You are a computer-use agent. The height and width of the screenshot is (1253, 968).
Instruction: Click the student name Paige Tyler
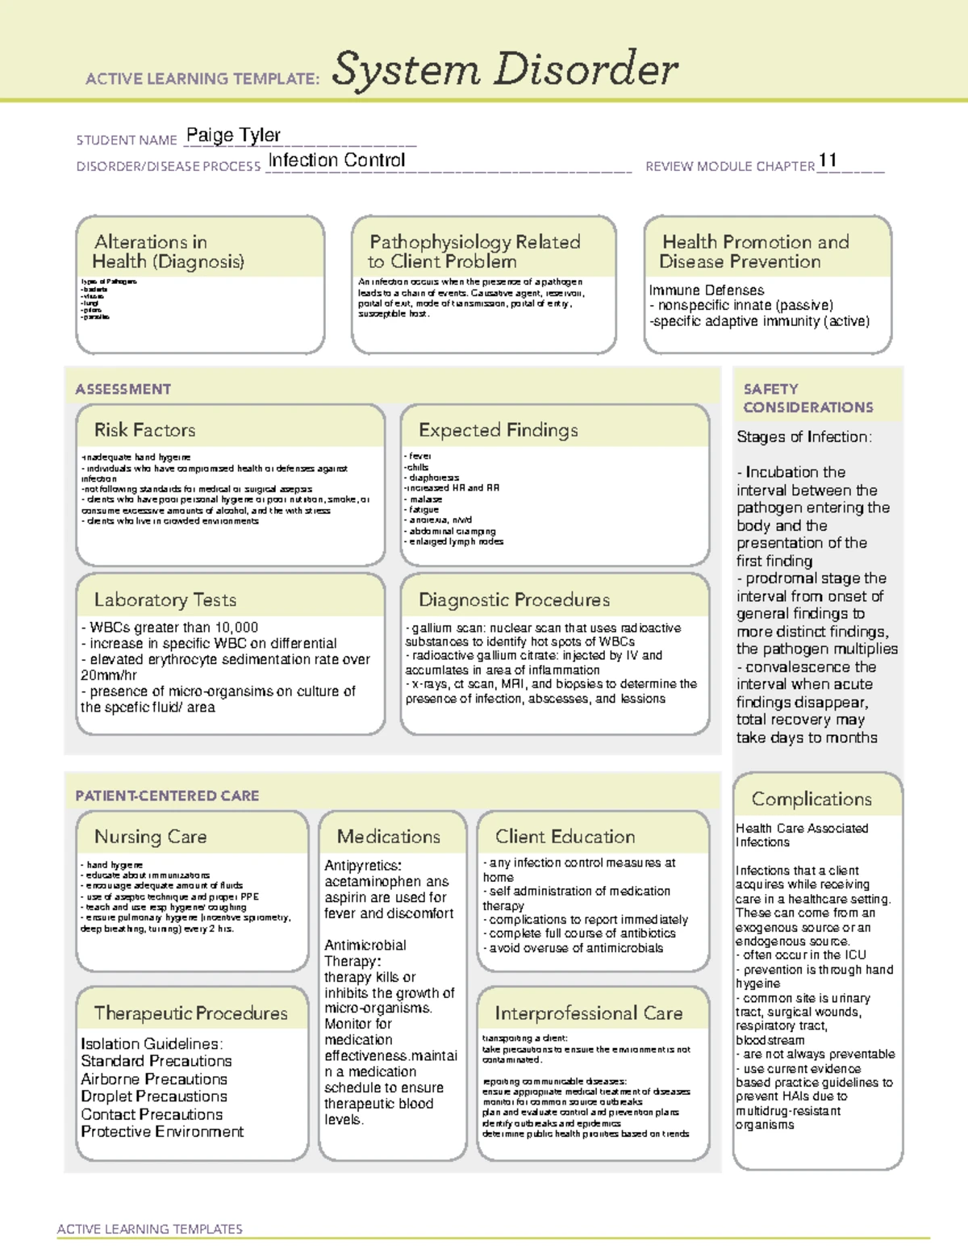[x=233, y=136]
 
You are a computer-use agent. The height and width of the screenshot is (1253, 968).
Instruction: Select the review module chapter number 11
[x=828, y=161]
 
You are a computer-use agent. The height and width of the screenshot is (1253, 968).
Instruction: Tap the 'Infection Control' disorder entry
[x=336, y=161]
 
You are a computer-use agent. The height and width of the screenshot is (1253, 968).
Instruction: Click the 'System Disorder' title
[x=505, y=69]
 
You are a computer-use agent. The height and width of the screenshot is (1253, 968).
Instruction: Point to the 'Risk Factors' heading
[x=144, y=430]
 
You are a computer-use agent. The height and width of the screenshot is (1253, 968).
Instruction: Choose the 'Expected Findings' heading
[x=498, y=430]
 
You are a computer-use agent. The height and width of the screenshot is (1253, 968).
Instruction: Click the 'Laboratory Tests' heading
[x=165, y=600]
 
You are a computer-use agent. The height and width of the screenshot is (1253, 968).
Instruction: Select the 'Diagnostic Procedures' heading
[x=514, y=600]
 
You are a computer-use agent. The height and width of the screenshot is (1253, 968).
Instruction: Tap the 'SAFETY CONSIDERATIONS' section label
[x=807, y=399]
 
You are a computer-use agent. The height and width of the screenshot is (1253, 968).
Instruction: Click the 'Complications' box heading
[x=812, y=800]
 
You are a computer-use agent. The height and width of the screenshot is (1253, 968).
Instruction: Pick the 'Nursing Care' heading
[x=150, y=837]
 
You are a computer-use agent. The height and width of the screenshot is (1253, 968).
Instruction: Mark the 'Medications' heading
[x=388, y=837]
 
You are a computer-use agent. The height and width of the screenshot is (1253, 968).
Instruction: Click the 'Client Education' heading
[x=565, y=837]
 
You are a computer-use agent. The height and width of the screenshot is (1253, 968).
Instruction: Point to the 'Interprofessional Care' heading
[x=588, y=1013]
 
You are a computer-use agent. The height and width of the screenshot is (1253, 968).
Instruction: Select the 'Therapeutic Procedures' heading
[x=190, y=1013]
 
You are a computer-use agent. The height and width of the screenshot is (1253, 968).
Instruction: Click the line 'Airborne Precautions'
[x=154, y=1080]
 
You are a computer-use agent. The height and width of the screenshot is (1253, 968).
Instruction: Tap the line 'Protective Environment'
[x=162, y=1132]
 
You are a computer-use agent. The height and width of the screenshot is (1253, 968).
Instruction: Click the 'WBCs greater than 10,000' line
[x=169, y=628]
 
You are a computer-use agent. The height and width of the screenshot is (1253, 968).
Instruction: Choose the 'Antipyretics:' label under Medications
[x=362, y=866]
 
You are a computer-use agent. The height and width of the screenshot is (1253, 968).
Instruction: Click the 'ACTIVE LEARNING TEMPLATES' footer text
[x=150, y=1229]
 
